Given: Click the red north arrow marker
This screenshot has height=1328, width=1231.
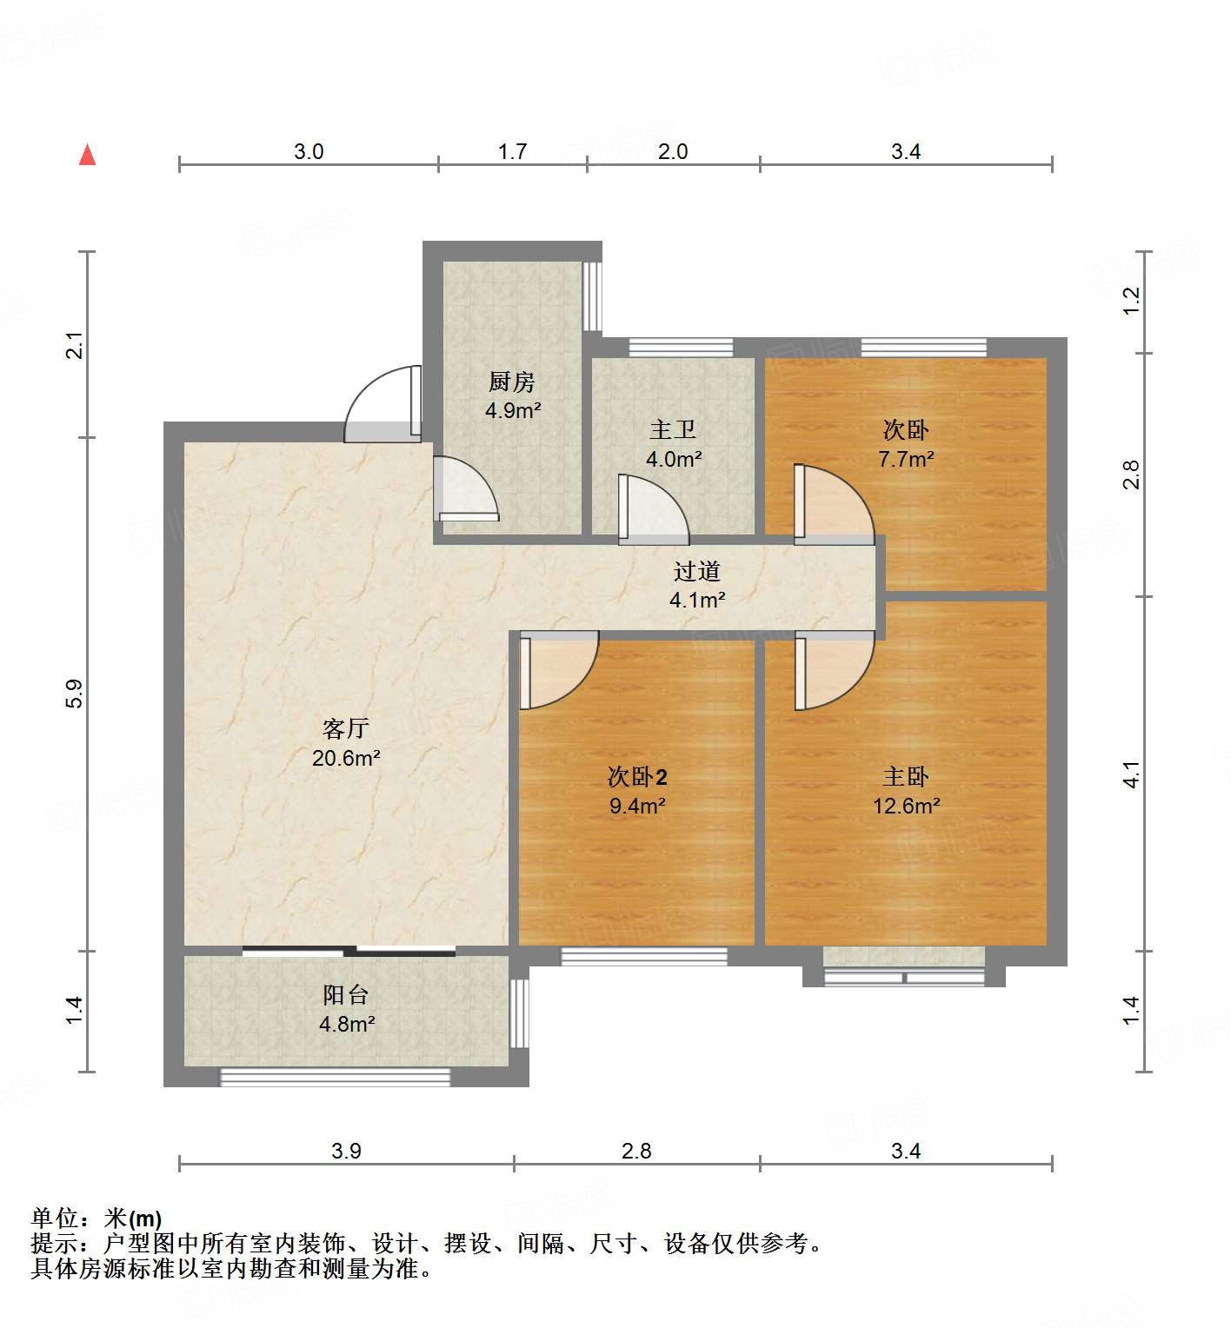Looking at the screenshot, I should (87, 156).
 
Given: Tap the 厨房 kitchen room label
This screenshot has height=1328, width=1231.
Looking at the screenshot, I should (512, 382).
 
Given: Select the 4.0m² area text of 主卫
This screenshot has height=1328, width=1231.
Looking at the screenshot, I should (674, 459).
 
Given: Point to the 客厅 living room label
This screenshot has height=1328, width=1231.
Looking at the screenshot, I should (346, 728).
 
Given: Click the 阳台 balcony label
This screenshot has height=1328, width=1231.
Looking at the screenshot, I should (346, 995).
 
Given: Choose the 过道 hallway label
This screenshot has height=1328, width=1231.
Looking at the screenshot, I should (697, 572).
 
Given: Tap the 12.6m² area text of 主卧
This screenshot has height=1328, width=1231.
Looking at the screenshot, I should (906, 806).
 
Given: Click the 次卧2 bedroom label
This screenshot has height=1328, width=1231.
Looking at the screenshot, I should (637, 776).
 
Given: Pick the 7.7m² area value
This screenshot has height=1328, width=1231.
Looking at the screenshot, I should (906, 459).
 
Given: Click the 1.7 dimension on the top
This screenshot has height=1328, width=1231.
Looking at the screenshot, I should (512, 152).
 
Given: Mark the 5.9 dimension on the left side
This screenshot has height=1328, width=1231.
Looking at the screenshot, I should (75, 693).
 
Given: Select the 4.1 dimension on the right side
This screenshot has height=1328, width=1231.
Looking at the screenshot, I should (1130, 774).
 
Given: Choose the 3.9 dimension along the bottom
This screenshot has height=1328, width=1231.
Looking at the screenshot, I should (346, 1152).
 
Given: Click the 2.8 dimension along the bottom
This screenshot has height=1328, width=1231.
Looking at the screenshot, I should (636, 1152).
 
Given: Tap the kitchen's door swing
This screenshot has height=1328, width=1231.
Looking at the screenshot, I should (467, 491).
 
